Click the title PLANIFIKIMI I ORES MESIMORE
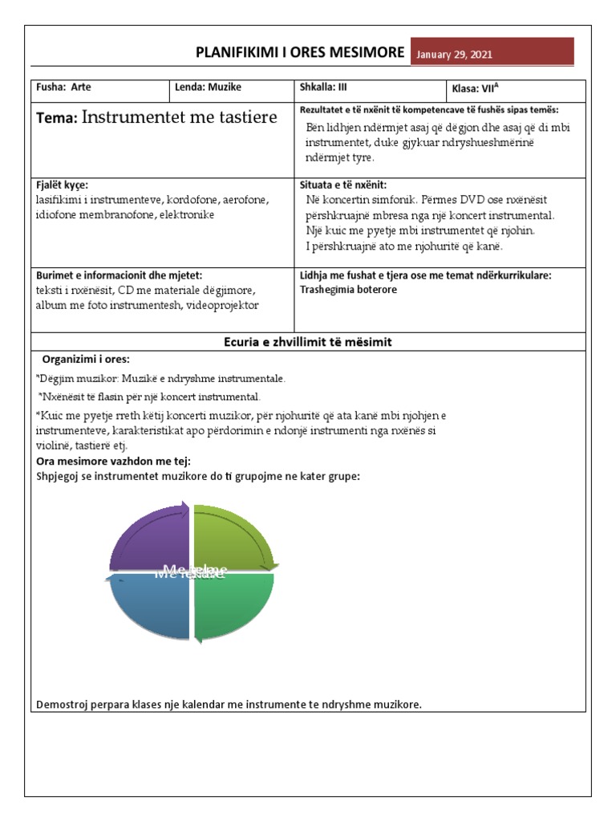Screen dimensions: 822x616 click(x=300, y=53)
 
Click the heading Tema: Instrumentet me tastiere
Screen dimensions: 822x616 click(x=156, y=118)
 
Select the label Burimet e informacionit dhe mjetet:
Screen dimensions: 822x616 click(x=116, y=275)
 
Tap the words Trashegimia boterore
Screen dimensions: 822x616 click(x=348, y=289)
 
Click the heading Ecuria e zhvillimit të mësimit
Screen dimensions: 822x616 click(x=307, y=342)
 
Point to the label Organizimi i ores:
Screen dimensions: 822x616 click(x=86, y=359)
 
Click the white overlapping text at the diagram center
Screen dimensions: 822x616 click(x=191, y=572)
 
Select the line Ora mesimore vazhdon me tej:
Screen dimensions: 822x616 click(x=114, y=461)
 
